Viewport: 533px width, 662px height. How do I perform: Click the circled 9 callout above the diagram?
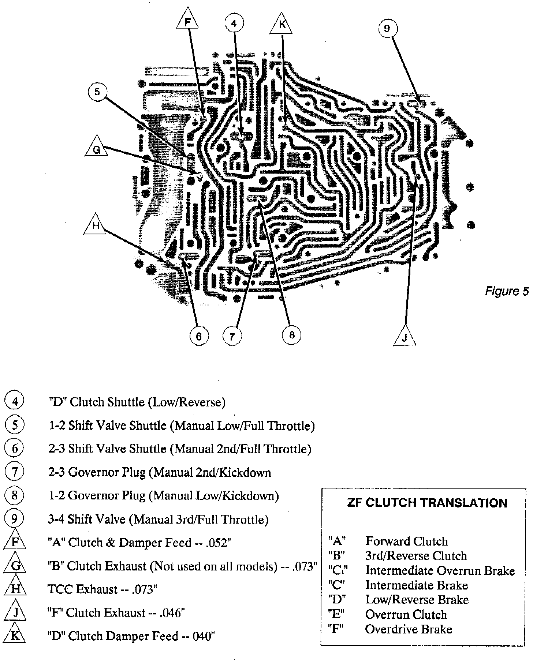coord(387,28)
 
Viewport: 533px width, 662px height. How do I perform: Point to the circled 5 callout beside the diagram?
coord(97,92)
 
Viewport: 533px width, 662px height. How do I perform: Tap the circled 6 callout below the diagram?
coord(199,335)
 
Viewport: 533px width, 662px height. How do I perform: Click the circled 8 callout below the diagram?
coord(292,335)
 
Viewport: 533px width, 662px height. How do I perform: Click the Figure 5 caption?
coord(507,291)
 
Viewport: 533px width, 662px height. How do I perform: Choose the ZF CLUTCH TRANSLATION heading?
coord(427,503)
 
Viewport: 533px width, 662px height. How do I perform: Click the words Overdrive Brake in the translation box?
coord(409,629)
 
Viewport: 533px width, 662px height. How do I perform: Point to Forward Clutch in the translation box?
coord(407,541)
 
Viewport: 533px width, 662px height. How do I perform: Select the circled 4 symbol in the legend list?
coord(15,402)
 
